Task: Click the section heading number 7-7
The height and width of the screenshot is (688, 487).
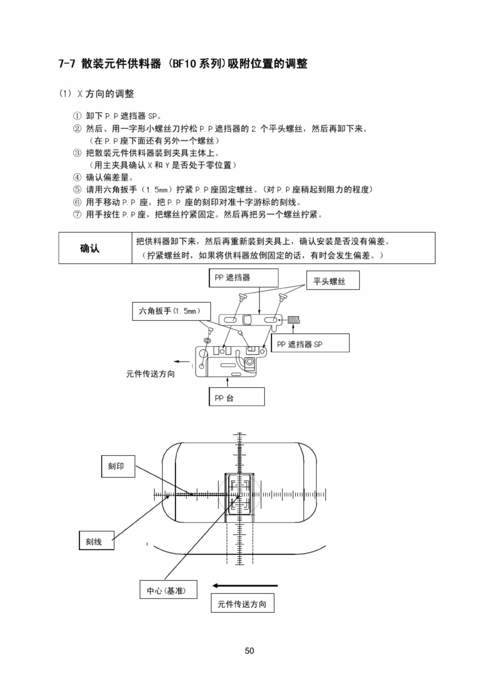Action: (x=67, y=64)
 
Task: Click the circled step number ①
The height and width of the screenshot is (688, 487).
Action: (x=77, y=116)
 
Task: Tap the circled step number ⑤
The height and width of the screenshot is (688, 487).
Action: (x=77, y=190)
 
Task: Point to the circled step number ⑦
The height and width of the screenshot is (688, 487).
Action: (x=77, y=215)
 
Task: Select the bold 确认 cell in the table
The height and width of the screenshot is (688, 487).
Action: (x=90, y=248)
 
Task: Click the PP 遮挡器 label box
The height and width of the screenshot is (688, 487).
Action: (x=243, y=278)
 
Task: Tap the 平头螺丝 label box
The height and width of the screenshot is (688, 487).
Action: (x=333, y=281)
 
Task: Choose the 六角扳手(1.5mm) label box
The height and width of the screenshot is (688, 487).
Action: (x=171, y=311)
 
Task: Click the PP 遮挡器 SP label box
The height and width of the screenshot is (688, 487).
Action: (x=310, y=344)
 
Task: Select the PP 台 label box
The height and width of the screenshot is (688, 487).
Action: (x=236, y=397)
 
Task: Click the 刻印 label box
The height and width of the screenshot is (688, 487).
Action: (x=118, y=466)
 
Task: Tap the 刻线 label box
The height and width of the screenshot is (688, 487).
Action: (x=96, y=540)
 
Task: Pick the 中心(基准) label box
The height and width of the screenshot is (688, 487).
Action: (x=168, y=590)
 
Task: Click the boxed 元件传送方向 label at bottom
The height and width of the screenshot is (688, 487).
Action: (x=242, y=603)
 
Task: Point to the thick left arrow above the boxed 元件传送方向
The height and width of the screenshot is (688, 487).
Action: (x=244, y=585)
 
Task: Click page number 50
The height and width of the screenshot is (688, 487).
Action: (x=249, y=650)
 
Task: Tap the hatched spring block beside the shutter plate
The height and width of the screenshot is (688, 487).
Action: (x=294, y=320)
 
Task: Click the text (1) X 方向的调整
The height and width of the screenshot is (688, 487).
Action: (x=97, y=93)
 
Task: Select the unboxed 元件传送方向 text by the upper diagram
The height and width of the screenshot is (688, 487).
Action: (x=150, y=374)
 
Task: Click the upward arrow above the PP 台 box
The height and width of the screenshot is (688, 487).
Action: (x=228, y=381)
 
